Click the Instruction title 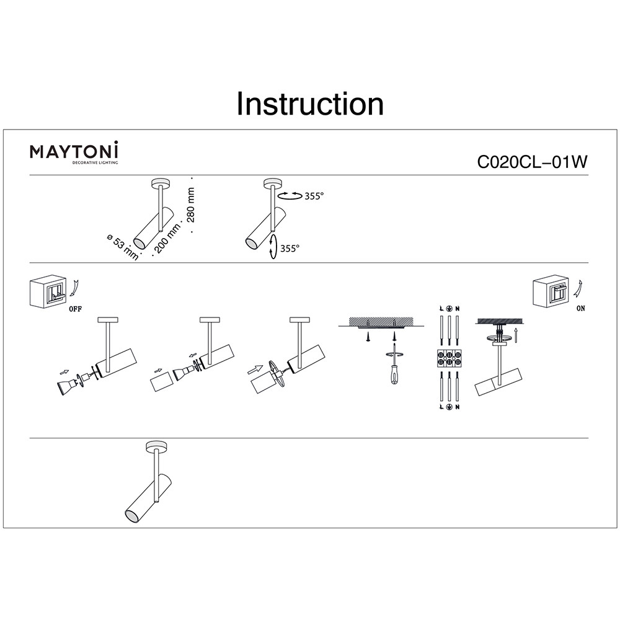310,104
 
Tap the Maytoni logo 74,153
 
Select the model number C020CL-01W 533,162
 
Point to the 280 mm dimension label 191,205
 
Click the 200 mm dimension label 167,238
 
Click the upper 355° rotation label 314,196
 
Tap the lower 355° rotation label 290,249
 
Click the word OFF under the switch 75,309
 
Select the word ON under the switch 580,308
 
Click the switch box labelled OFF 48,292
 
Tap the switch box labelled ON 551,292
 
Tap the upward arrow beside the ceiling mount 516,335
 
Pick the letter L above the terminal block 441,308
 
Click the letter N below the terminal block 457,407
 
